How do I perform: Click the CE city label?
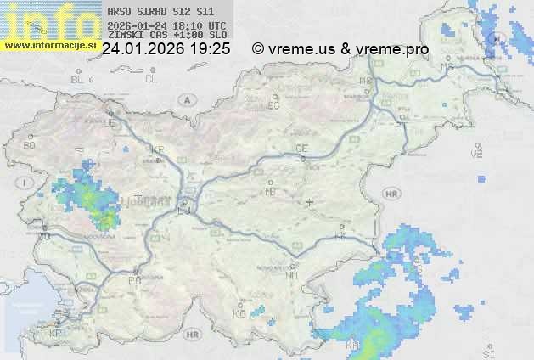click(x=301, y=149)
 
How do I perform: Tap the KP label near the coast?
click(x=55, y=334)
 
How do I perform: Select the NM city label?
click(x=292, y=275)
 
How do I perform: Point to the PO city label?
click(x=133, y=280)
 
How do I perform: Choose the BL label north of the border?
click(x=78, y=79)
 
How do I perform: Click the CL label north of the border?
click(x=151, y=79)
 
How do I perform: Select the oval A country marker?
click(x=185, y=99)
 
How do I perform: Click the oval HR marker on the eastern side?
click(x=391, y=194)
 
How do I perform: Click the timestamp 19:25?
click(x=211, y=49)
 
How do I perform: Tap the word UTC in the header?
click(x=216, y=25)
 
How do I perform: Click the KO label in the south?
click(x=239, y=314)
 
